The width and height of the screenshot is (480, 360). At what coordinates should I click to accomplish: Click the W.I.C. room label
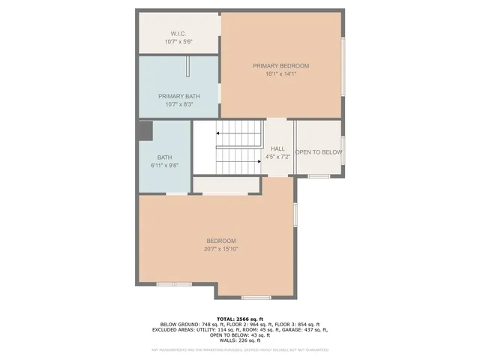point(178,34)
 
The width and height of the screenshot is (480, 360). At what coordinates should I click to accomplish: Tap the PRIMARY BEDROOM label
point(280,66)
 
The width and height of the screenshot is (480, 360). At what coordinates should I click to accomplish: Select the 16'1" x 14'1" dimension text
point(280,73)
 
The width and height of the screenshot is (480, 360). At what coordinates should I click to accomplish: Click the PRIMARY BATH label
point(178,96)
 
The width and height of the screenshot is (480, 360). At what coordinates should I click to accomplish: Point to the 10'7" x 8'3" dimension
point(178,104)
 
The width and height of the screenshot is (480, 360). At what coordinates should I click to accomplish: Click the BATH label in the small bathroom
point(164,157)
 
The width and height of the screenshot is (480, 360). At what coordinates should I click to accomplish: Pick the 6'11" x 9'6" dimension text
point(164,165)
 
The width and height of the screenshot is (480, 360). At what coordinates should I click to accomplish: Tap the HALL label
point(277,148)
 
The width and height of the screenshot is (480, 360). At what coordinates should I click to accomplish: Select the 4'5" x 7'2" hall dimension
point(277,157)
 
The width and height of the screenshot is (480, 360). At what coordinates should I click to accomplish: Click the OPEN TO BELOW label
point(319,152)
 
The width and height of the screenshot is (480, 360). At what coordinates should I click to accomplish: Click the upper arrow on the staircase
point(238,133)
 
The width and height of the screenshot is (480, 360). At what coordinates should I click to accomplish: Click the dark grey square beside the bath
point(145,132)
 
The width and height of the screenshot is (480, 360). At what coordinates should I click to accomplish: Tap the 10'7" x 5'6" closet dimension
point(178,42)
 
